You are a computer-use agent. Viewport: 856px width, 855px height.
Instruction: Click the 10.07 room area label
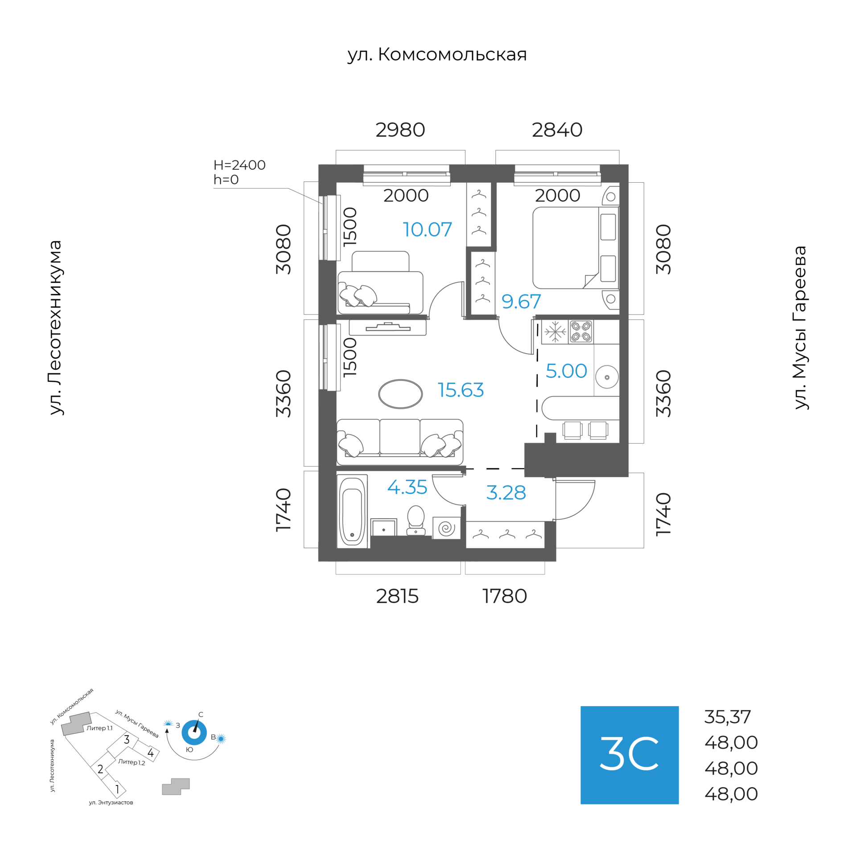pos(427,229)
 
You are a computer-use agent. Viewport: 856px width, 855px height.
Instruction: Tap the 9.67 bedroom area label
pos(521,302)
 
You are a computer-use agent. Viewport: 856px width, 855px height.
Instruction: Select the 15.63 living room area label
pos(460,390)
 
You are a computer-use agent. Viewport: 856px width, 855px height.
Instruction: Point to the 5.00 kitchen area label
pos(566,371)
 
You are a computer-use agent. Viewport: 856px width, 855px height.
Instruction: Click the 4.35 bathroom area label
pos(407,487)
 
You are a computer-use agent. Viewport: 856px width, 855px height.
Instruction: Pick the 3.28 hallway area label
pos(506,493)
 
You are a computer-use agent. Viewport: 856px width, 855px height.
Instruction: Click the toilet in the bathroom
pos(416,520)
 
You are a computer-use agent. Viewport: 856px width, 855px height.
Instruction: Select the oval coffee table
pos(400,394)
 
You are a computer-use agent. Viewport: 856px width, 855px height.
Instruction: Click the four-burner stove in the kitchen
pos(580,331)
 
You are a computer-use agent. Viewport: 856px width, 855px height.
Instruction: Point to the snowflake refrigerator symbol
pos(555,331)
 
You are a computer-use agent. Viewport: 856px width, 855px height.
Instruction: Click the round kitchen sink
pos(606,377)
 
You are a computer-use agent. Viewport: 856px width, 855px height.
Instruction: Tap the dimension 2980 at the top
pos(400,130)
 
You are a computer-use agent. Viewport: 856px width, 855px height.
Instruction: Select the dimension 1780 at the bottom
pos(504,596)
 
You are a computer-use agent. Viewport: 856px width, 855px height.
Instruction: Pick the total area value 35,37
pos(727,717)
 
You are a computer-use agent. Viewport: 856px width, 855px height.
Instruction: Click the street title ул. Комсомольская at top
pos(437,54)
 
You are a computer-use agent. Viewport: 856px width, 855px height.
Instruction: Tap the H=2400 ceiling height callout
pos(239,165)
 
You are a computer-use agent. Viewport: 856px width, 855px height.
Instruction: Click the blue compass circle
pos(194,732)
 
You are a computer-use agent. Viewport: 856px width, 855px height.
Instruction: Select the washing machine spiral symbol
pos(446,528)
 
